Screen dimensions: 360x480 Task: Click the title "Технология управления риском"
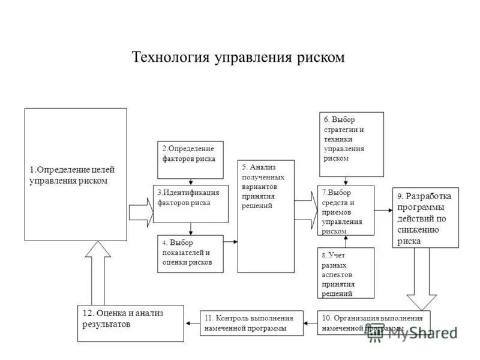point(238,57)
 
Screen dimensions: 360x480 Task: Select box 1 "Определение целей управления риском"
point(76,174)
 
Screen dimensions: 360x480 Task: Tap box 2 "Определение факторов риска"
point(190,160)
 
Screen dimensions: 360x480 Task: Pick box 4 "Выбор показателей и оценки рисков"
point(190,254)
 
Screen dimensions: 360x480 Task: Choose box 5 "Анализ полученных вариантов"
point(266,216)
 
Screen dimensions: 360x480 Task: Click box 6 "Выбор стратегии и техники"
point(351,144)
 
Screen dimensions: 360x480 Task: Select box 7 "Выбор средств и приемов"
point(346,210)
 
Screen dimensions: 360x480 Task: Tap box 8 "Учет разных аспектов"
point(346,273)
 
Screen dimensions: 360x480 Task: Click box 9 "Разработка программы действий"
point(426,217)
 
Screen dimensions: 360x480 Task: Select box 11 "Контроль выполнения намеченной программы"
point(251,323)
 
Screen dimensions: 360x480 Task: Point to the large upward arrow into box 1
point(98,273)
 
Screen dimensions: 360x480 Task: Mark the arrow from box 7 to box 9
point(383,210)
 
